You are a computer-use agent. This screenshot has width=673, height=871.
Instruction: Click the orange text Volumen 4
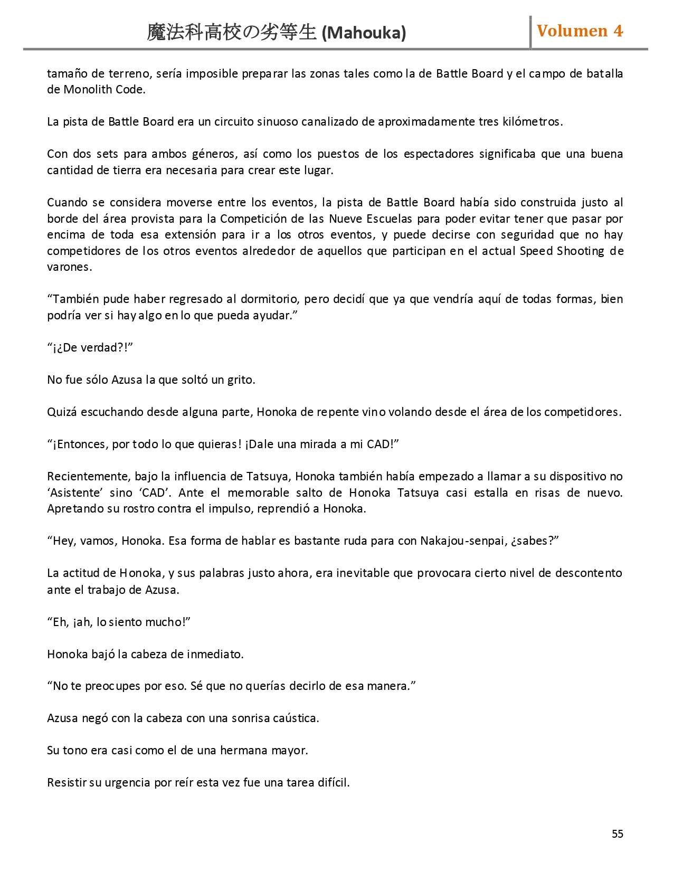[580, 31]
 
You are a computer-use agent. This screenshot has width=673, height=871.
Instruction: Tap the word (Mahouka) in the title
[364, 33]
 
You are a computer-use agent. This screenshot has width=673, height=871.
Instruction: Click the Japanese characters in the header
[232, 33]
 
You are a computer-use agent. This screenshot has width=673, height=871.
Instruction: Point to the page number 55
[617, 834]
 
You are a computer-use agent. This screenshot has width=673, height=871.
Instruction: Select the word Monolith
[84, 89]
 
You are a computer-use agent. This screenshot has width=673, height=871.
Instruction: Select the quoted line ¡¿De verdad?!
[90, 347]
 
